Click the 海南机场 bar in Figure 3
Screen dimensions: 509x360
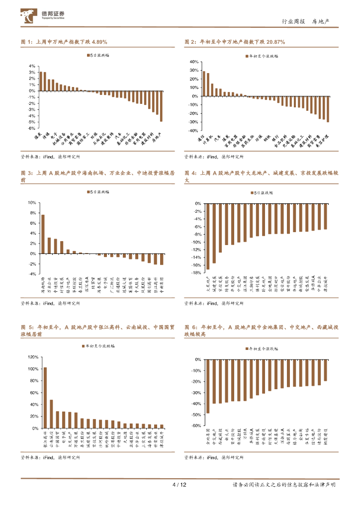click(43, 234)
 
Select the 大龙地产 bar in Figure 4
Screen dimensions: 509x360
click(207, 237)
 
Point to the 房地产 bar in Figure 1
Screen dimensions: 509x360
click(161, 106)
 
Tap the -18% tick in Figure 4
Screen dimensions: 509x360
click(197, 273)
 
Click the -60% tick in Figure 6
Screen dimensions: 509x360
click(196, 426)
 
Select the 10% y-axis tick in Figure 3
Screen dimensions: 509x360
click(33, 203)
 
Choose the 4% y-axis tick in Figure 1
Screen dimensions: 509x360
click(32, 66)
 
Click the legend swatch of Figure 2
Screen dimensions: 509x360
click(246, 56)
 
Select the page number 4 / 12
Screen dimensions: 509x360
click(179, 485)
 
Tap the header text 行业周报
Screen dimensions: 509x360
click(292, 21)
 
